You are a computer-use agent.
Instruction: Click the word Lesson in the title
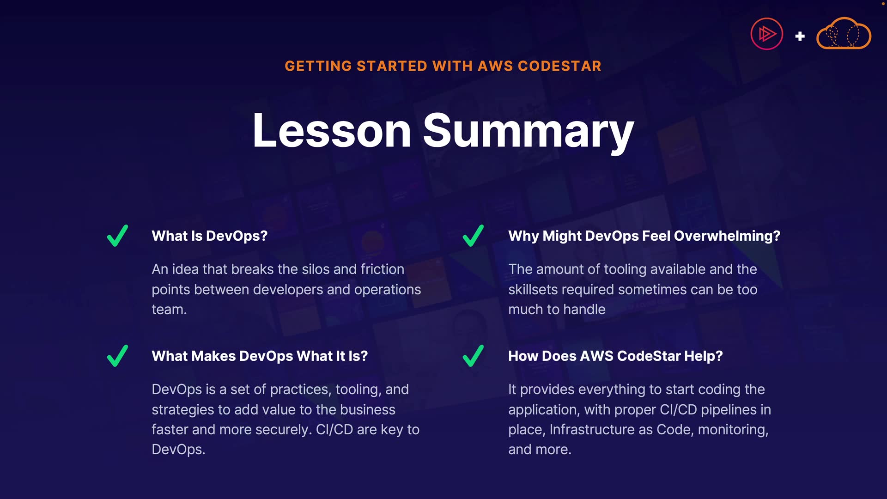332,131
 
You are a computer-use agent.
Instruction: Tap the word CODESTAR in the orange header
559,66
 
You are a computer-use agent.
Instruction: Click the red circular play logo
767,34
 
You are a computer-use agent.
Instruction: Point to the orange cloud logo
844,33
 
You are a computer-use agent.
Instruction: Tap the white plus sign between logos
800,36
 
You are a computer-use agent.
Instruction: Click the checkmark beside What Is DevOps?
117,236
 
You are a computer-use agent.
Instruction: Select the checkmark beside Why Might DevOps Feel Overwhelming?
473,236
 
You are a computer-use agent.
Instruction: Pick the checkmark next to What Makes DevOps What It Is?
117,356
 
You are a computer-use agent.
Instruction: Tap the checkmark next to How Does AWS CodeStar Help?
473,356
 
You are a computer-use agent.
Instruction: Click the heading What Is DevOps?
210,236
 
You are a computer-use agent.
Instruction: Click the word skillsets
538,290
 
